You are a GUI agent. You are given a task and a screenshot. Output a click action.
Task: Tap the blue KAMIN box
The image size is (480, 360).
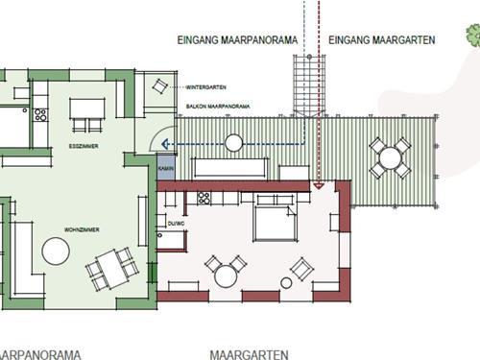[x=164, y=168]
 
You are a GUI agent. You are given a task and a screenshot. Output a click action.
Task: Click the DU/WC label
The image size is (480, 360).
[x=177, y=223]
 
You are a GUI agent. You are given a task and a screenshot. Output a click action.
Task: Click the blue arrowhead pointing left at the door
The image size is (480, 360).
[x=163, y=144]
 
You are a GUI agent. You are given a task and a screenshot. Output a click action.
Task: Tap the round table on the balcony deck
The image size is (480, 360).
[x=392, y=156]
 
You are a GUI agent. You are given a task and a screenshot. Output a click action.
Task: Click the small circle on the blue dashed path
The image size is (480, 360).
[x=232, y=144]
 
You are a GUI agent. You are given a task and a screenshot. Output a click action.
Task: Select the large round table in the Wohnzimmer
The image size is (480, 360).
[x=56, y=252]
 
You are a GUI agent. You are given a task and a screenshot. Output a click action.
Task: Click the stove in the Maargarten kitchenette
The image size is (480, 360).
[x=204, y=199]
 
